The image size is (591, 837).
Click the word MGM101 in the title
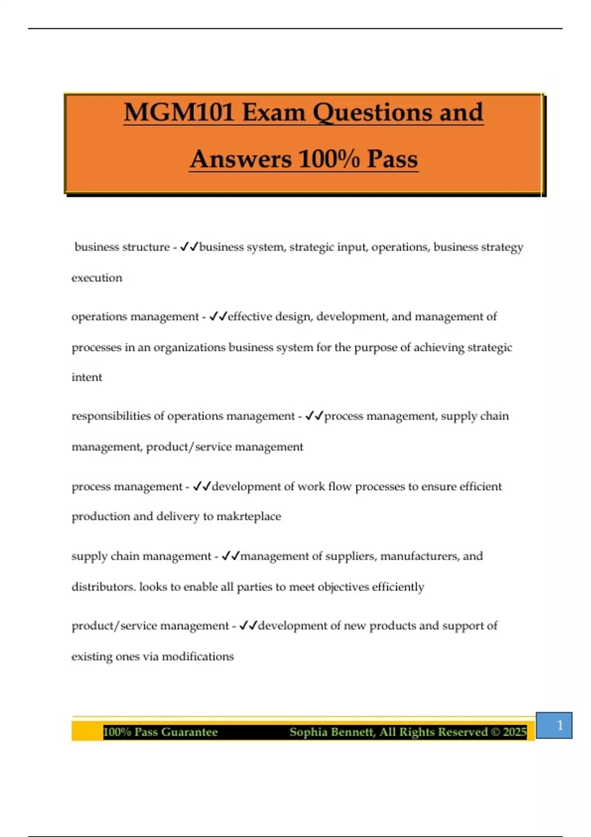tap(178, 112)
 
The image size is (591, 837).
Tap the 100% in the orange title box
tap(328, 159)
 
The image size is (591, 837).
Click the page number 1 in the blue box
tap(559, 725)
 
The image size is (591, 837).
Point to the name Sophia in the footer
tap(309, 732)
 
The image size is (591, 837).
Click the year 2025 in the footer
tap(515, 732)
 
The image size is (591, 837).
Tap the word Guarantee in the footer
tap(189, 732)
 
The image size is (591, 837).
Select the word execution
tap(97, 278)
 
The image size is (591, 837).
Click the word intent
tap(87, 377)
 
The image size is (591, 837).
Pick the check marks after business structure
tap(189, 247)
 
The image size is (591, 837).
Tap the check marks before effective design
tap(218, 316)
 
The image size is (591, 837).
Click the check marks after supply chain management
tap(230, 556)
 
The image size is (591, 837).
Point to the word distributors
tap(103, 587)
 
